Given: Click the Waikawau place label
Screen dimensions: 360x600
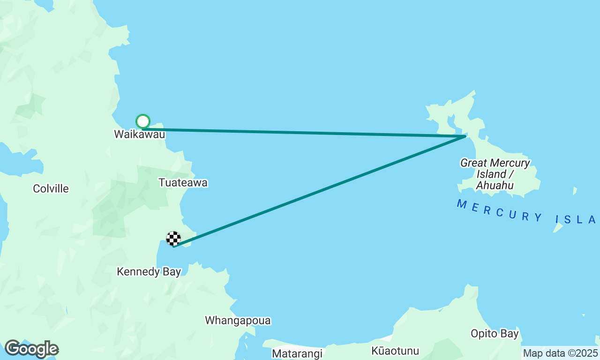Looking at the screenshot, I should click(140, 135).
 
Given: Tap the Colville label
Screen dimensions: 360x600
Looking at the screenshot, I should click(51, 188).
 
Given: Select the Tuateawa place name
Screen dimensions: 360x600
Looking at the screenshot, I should click(183, 182).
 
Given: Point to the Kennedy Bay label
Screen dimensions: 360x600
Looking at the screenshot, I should click(149, 272).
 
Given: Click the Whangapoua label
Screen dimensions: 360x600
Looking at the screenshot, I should click(238, 321).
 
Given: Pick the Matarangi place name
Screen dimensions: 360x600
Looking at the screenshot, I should click(298, 353).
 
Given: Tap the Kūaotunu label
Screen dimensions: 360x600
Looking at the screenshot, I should click(395, 351).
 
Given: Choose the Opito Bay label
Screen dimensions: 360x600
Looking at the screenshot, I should click(495, 334).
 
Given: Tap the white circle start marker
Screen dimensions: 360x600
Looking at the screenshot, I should click(143, 122).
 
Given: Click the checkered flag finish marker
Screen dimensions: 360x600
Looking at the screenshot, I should click(173, 239).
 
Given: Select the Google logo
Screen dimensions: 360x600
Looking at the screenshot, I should click(31, 349).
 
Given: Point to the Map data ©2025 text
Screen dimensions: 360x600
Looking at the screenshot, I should click(560, 353).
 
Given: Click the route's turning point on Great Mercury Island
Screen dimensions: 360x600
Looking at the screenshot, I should click(465, 136).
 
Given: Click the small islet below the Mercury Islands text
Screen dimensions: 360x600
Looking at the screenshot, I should click(558, 227).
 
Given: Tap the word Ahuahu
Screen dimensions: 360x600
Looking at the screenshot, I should click(495, 186).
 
